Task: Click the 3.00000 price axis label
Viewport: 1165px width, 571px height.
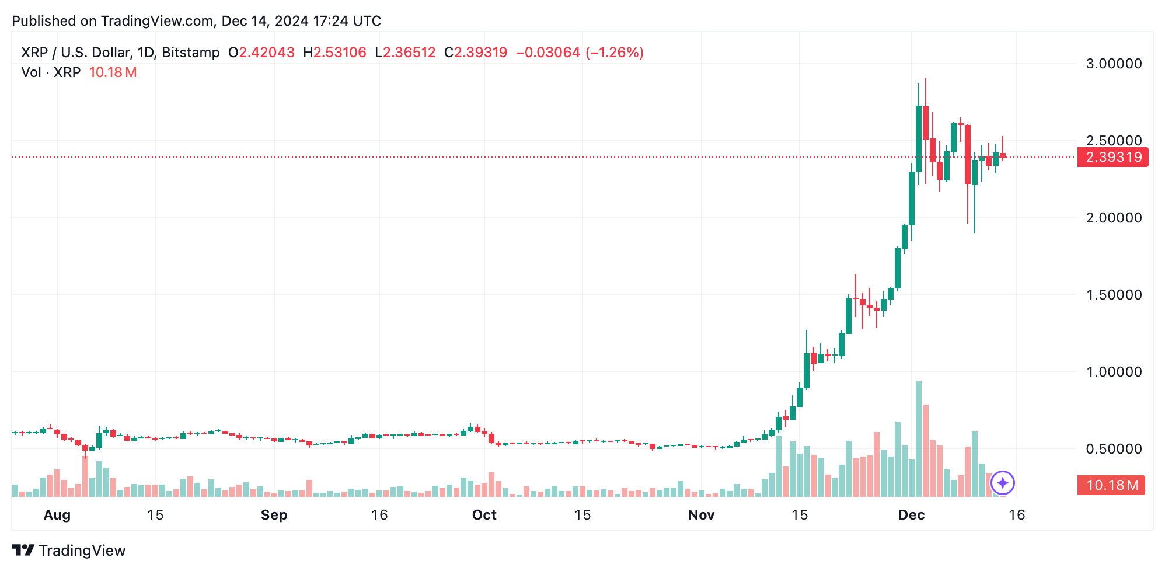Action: click(x=1114, y=64)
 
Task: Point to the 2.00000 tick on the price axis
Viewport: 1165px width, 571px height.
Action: click(x=1114, y=218)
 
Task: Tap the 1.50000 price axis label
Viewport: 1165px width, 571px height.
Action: click(x=1114, y=295)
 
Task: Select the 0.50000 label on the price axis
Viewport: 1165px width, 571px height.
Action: click(x=1114, y=449)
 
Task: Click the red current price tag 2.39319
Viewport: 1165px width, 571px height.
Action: click(x=1113, y=157)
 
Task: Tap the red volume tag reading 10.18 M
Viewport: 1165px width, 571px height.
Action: click(x=1111, y=485)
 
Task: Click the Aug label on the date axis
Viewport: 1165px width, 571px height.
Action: click(x=57, y=515)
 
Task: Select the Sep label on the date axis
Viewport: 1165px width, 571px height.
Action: click(x=274, y=515)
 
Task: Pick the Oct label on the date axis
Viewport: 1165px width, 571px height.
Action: click(x=484, y=515)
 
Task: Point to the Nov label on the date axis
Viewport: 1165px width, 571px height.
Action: click(x=701, y=515)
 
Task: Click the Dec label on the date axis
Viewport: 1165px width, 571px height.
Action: click(x=911, y=515)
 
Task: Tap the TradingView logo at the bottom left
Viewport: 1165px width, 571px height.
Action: click(x=69, y=551)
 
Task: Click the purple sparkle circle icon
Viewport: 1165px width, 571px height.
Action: click(x=1003, y=483)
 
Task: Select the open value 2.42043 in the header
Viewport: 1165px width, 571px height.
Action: click(x=267, y=53)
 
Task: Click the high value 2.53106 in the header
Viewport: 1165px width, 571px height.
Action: click(x=340, y=53)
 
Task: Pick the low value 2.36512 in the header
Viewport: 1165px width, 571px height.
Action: click(x=409, y=53)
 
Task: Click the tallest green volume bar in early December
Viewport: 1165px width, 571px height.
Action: click(x=919, y=438)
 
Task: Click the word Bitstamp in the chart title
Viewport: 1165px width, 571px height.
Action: click(x=190, y=53)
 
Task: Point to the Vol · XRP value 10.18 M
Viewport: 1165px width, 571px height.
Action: click(x=113, y=72)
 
